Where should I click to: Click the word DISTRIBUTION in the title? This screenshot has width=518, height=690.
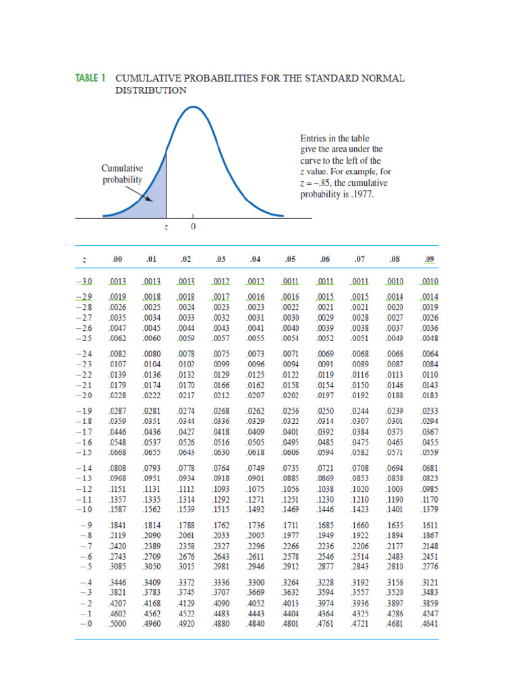pos(150,90)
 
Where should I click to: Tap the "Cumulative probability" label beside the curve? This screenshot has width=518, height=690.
pos(122,174)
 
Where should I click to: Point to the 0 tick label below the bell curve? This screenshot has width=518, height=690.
pos(193,227)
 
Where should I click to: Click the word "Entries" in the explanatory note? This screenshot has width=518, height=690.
pos(314,137)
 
